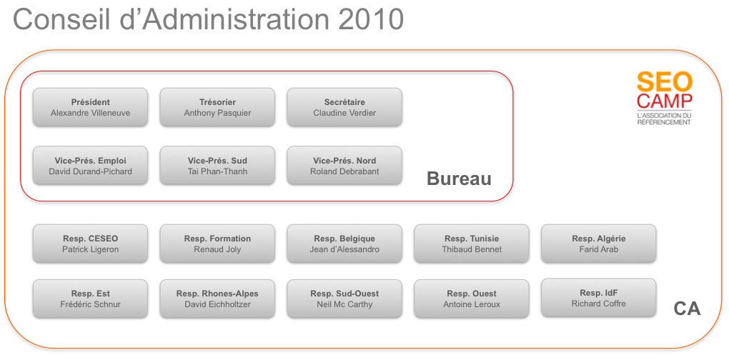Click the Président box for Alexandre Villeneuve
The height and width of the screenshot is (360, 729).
tap(90, 107)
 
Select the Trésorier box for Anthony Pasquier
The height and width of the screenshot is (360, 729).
tap(217, 107)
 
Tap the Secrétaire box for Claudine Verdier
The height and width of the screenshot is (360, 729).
tap(344, 107)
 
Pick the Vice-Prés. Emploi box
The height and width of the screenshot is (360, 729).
tap(90, 166)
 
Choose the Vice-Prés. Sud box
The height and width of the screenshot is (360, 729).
tap(217, 166)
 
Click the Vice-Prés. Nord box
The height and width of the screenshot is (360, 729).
tap(344, 166)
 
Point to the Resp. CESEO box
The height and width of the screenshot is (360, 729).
tap(90, 244)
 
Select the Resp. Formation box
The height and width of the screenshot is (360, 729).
tap(217, 244)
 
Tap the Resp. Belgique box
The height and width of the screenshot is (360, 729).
tap(344, 244)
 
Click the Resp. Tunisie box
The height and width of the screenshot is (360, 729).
tap(472, 244)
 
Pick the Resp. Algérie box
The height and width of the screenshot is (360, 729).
tap(599, 244)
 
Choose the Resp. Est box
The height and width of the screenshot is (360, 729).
tap(90, 299)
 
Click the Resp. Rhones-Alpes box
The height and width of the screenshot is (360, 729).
tap(217, 299)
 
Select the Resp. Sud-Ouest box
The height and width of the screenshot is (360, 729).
tap(344, 299)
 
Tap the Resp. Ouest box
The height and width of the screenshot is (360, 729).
tap(472, 299)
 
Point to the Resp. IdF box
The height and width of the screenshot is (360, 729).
tap(599, 298)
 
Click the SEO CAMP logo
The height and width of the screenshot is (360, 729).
tap(665, 99)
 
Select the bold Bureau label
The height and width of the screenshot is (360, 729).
tap(459, 179)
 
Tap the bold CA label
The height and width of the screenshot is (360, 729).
tap(687, 309)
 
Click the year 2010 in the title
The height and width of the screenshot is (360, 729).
tap(370, 19)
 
